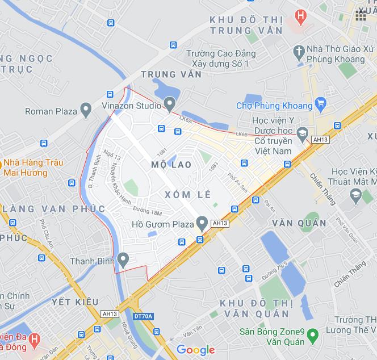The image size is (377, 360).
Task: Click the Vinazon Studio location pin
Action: [x=169, y=104]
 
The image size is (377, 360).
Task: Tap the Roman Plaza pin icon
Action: [x=86, y=110]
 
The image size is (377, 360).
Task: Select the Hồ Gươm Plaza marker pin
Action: [x=201, y=223]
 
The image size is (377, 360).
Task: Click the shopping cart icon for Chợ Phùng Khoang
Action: [x=321, y=104]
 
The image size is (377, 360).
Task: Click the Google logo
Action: [x=195, y=350]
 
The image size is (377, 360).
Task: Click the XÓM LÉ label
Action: [x=184, y=194]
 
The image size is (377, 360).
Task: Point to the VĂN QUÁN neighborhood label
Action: [x=299, y=223]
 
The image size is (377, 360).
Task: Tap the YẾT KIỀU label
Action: [x=74, y=302]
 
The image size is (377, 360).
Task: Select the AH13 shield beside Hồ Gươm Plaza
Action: [x=219, y=224]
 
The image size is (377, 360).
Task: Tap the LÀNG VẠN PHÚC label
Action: [x=54, y=209]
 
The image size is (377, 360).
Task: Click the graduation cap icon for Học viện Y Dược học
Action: [x=303, y=133]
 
